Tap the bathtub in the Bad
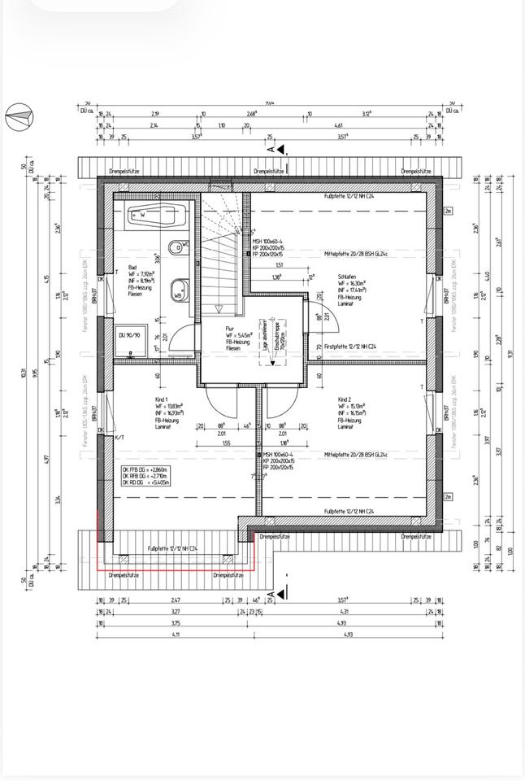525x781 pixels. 157,216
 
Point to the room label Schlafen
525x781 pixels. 347,277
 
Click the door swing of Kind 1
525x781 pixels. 223,403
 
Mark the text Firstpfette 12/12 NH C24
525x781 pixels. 350,347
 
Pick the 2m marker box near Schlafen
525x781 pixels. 448,211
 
